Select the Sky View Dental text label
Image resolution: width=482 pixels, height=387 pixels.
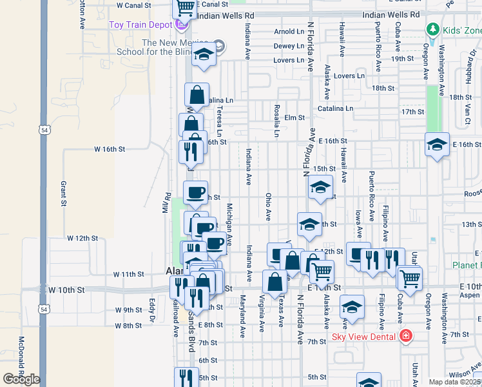click(x=363, y=336)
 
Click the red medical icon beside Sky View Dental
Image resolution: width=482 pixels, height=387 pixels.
click(x=405, y=335)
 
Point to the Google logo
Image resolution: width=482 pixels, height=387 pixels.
click(x=21, y=379)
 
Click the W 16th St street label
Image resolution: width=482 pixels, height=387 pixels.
click(x=109, y=149)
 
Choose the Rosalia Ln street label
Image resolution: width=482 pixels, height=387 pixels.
click(x=275, y=121)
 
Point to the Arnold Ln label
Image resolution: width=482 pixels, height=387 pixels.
click(x=288, y=31)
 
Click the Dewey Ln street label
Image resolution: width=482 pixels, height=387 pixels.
click(x=288, y=46)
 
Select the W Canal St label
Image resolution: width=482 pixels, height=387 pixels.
click(x=134, y=5)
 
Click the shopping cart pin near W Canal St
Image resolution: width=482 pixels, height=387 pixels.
click(x=184, y=7)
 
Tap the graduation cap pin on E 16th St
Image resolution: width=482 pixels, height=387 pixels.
click(x=437, y=144)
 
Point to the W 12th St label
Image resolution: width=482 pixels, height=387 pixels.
click(x=82, y=238)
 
